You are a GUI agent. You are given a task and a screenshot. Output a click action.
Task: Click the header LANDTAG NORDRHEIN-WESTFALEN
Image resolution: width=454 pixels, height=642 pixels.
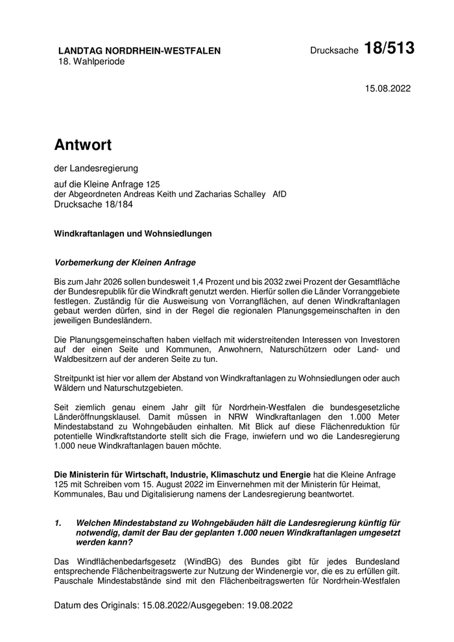(139, 51)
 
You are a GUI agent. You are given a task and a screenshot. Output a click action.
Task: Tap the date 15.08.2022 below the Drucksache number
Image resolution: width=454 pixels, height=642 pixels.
(388, 88)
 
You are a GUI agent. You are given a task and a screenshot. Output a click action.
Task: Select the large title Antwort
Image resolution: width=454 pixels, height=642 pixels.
(83, 144)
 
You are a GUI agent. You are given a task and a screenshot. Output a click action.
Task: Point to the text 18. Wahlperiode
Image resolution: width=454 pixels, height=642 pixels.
(91, 62)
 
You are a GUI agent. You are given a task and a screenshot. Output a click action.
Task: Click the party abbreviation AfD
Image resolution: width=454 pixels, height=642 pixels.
(280, 194)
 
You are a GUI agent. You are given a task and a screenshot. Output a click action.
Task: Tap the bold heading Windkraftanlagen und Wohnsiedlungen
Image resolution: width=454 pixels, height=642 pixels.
(133, 233)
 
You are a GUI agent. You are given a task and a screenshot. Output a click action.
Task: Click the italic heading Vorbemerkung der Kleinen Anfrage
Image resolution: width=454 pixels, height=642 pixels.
(125, 263)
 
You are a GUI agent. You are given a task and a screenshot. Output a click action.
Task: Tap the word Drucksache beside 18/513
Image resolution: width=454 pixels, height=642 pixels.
(334, 51)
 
